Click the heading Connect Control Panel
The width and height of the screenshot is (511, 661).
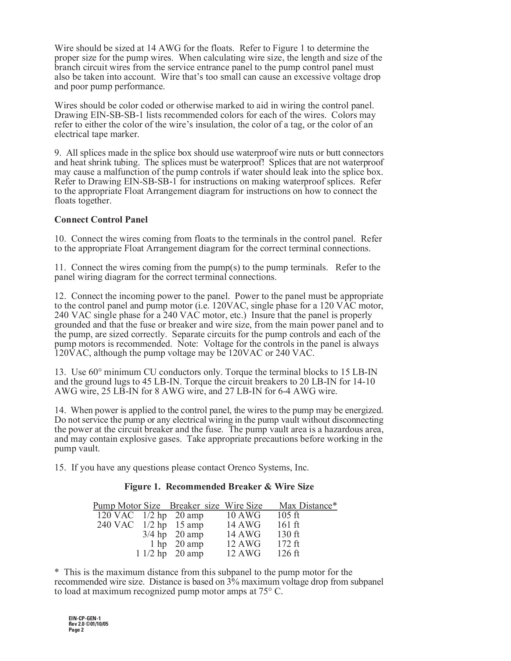click(x=101, y=220)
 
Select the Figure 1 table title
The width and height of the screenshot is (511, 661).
click(x=219, y=487)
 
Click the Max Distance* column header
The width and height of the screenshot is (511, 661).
click(x=308, y=506)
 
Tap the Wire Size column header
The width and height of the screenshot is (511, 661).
click(x=244, y=506)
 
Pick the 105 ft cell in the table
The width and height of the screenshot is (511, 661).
click(x=288, y=515)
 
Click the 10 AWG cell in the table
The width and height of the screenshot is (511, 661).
click(x=244, y=515)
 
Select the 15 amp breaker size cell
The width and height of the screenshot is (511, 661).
click(x=189, y=525)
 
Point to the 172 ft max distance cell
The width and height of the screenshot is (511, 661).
click(x=288, y=544)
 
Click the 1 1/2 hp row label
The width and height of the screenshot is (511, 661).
click(x=151, y=553)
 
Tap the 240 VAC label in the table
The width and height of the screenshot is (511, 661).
click(x=115, y=525)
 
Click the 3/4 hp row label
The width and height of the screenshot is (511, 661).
click(x=155, y=534)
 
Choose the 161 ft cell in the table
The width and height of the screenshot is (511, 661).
click(x=288, y=525)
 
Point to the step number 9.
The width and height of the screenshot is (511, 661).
click(x=58, y=153)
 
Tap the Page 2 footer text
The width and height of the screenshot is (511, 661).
click(x=76, y=630)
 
